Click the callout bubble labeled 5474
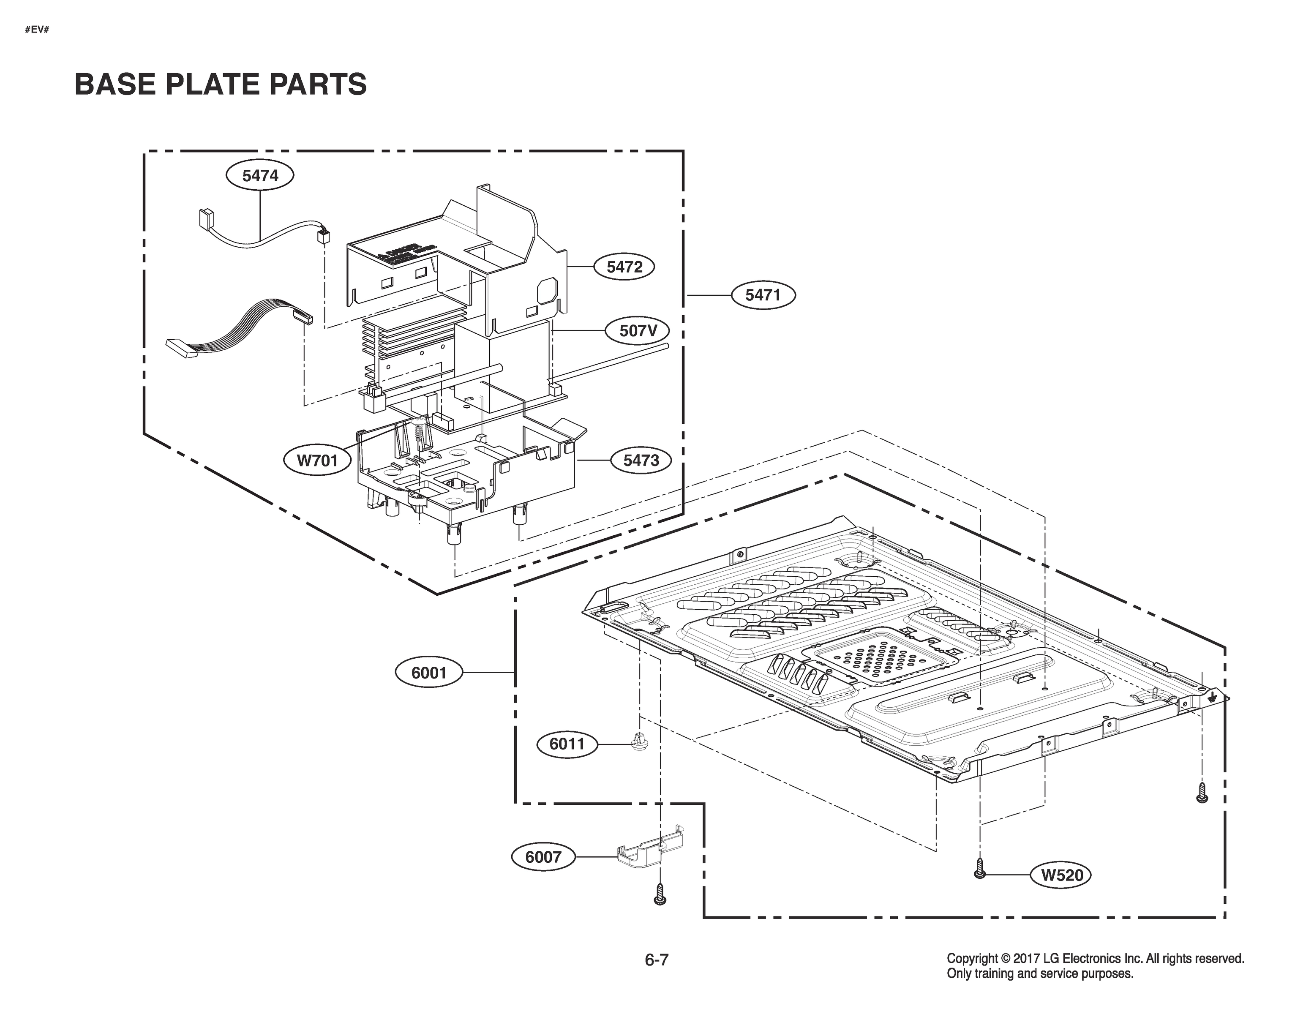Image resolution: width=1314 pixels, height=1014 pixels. (x=260, y=176)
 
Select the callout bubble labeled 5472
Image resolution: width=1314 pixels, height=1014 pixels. (x=624, y=267)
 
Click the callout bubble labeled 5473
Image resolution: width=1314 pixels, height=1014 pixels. (x=641, y=461)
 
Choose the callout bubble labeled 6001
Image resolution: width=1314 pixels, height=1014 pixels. (x=428, y=672)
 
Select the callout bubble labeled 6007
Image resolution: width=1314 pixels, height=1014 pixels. (x=543, y=857)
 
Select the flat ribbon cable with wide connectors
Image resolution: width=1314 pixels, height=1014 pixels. (x=237, y=332)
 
